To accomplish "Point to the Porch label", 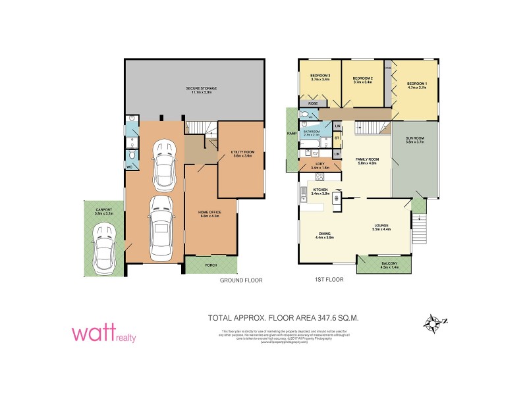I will (x=211, y=265).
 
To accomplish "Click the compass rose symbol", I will (x=434, y=323).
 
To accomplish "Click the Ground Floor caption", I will (x=241, y=280).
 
